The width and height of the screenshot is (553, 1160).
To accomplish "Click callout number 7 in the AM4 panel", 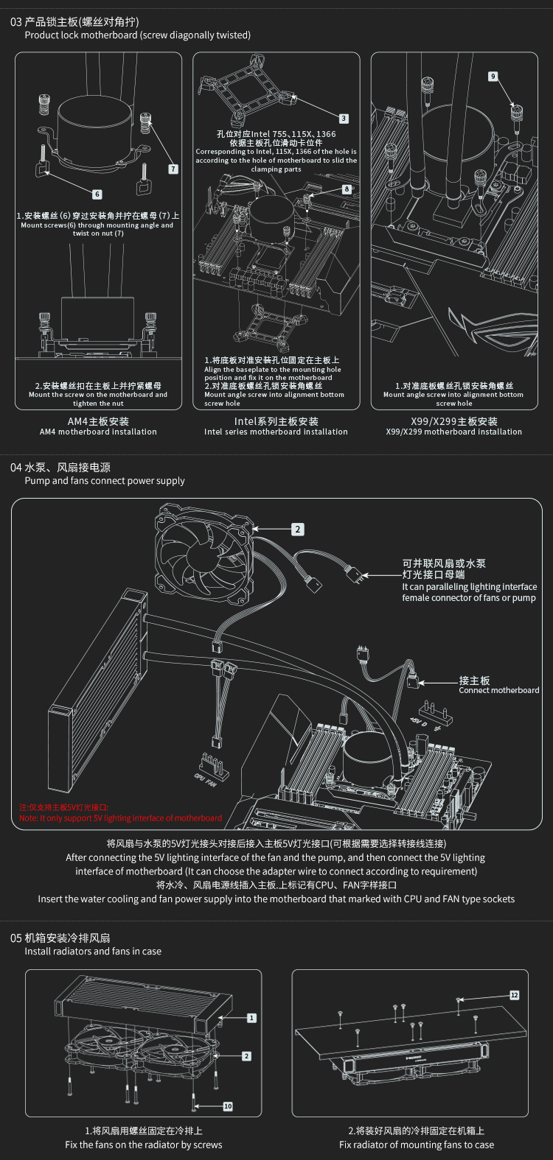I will point(173,169).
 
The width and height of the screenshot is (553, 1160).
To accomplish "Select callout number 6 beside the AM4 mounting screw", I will point(97,194).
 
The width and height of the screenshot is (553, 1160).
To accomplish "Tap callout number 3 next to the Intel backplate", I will point(344,119).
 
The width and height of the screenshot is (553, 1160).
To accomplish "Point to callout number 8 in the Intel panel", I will point(347,189).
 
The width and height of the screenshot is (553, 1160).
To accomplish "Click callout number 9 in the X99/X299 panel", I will point(493,77).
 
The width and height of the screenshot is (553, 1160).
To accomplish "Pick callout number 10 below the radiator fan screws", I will point(228,1106).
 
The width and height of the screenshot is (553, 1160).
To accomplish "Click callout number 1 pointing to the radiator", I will point(251,1018).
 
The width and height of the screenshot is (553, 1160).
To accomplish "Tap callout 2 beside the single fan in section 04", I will point(298,530).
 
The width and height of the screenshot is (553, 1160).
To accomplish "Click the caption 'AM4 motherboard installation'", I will point(98,432).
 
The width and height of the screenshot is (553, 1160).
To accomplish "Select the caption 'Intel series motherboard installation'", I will point(276,432).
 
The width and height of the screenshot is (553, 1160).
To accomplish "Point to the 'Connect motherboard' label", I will point(498,690).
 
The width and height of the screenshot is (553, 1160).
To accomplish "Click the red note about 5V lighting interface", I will point(120,818).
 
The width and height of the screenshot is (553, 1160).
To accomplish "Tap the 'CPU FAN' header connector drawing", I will point(213,766).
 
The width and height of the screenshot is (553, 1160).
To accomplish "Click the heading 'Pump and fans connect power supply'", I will point(105,481).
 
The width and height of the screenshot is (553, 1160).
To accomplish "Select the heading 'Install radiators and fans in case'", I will point(93,951).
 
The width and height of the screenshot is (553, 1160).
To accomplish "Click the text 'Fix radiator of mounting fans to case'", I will point(417,1145).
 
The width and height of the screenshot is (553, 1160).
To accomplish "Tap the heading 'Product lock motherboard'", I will point(137,35).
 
